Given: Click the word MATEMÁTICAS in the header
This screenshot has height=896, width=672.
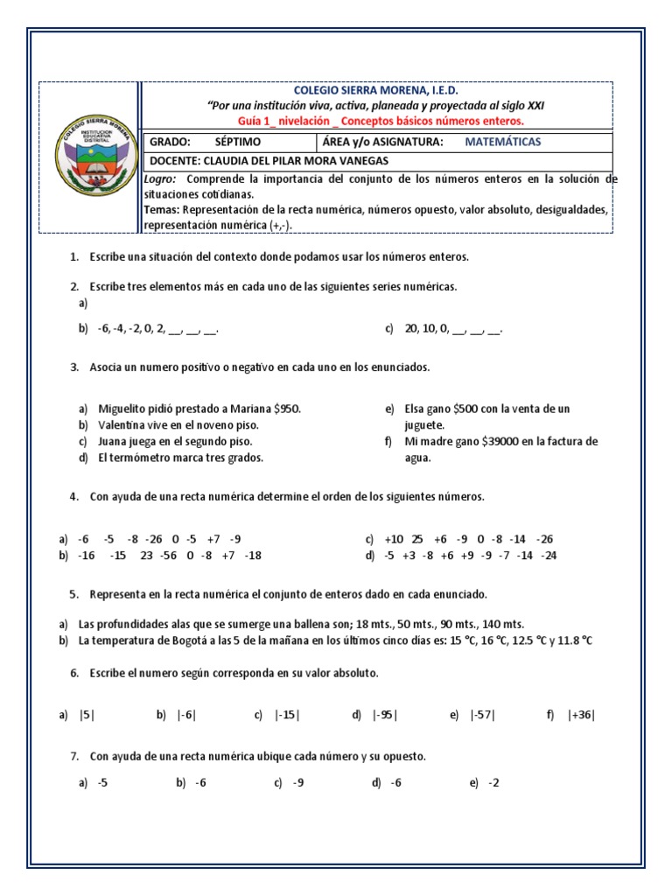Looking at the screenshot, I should (502, 142).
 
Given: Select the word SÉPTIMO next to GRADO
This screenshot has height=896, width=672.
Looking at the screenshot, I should (238, 142).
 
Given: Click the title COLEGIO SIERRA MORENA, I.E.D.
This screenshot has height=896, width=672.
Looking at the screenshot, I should (376, 91).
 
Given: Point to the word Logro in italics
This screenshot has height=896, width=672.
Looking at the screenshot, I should (160, 178).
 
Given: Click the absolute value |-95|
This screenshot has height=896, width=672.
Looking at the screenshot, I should (385, 715).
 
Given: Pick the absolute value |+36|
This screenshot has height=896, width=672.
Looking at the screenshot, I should (581, 715).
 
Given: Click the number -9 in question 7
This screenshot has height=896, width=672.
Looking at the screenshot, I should (298, 783).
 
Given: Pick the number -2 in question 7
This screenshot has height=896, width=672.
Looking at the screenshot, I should (494, 783).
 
